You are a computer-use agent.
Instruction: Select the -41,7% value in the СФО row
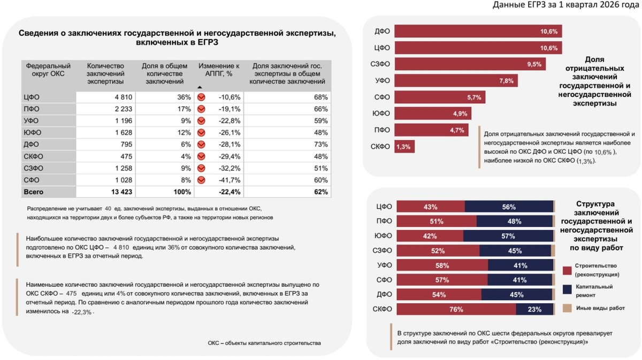(230, 180)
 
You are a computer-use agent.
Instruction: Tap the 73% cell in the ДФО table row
(320, 144)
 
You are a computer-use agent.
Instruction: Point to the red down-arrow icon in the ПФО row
(202, 109)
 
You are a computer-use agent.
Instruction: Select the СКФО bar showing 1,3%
(404, 147)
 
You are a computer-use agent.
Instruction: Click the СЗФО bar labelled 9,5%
(470, 64)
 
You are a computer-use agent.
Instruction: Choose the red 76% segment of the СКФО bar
(455, 309)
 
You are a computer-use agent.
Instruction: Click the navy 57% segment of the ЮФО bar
(508, 236)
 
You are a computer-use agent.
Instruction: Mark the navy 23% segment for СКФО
(534, 309)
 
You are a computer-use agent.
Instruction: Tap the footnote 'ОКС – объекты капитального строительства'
(264, 342)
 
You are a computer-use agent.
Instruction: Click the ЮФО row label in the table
(33, 133)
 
